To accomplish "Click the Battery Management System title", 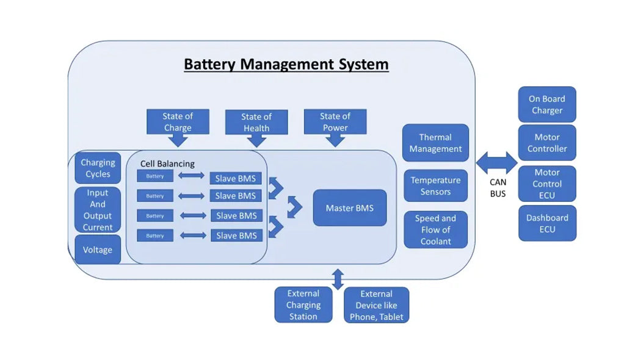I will pos(286,64).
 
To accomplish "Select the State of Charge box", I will pos(178,122).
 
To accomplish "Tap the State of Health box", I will pos(256,122).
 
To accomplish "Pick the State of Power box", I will pos(335,121).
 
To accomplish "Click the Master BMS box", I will pos(349,208).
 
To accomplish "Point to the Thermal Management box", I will pos(435,143).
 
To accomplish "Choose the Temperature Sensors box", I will pos(435,185).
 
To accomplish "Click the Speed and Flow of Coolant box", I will pos(435,229).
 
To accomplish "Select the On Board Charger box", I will pos(546,104).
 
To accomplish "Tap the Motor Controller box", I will pos(546,143).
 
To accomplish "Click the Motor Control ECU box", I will pos(546,184).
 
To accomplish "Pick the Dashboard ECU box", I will pos(546,223).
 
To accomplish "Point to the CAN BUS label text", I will pos(498,188).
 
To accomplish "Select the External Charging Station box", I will pos(303,304).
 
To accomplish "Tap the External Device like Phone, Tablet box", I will pos(376,305).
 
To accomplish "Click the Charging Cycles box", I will pos(98,168).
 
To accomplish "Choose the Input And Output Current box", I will pos(98,210).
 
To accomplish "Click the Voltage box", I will pos(98,250).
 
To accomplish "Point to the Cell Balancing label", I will pos(167,164).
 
